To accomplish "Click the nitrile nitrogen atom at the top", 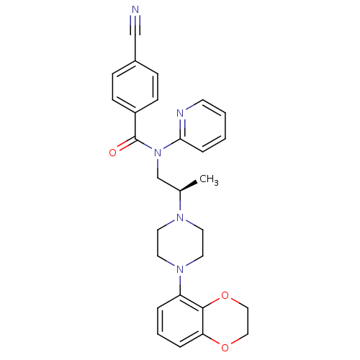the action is coord(135,10).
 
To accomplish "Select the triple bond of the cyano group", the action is coord(135,26).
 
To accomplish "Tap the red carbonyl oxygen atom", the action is coord(112,153).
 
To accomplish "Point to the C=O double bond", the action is coord(126,144).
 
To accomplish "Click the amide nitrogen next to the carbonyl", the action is coord(158,153).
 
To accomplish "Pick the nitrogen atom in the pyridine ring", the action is coord(180,113).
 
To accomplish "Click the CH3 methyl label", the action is coord(209,179).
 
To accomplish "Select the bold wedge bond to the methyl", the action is coord(189,186).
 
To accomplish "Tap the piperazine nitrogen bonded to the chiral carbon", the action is coord(180,217).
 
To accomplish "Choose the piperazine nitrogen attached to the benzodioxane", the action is coord(180,269).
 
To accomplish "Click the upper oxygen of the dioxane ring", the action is coord(225,295).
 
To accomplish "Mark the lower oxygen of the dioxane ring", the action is coord(225,347).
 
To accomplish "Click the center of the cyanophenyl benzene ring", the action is coord(135,86).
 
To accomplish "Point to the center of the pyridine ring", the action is coord(203,126).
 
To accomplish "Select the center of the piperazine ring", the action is coord(180,243).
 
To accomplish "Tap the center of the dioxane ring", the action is coord(225,321).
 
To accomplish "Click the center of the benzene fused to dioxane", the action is coord(180,321).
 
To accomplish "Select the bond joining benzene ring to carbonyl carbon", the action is coord(135,126).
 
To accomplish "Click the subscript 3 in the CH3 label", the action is coord(216,183).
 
